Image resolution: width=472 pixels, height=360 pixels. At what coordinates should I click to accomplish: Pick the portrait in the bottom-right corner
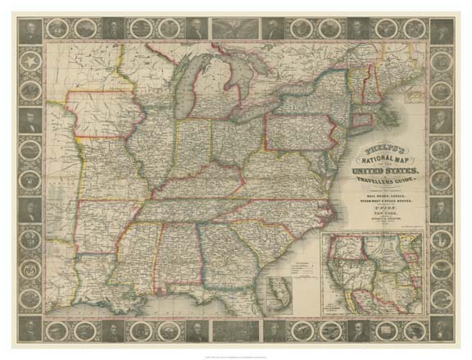[441, 330]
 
